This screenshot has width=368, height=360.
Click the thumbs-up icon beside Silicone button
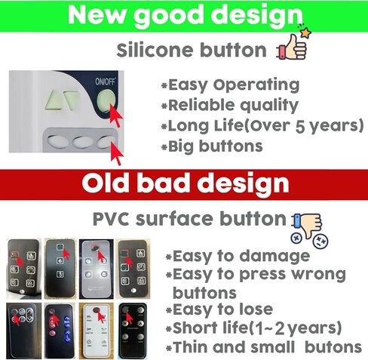pyautogui.click(x=292, y=47)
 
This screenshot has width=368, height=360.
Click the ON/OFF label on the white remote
pyautogui.click(x=105, y=82)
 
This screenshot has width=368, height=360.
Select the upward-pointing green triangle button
pyautogui.click(x=54, y=100)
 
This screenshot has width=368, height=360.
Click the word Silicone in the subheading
pyautogui.click(x=155, y=50)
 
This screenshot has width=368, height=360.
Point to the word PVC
pyautogui.click(x=111, y=219)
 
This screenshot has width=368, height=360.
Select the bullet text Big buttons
pyautogui.click(x=215, y=146)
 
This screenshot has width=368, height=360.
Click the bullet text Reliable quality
pyautogui.click(x=233, y=106)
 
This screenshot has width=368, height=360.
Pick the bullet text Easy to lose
pyautogui.click(x=222, y=309)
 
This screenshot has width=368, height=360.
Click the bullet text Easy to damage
pyautogui.click(x=241, y=257)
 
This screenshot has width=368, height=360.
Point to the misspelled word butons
pyautogui.click(x=333, y=347)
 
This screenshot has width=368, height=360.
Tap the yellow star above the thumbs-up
pyautogui.click(x=305, y=32)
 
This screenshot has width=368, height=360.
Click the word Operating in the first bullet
pyautogui.click(x=256, y=85)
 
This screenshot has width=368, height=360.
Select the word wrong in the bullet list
pyautogui.click(x=319, y=275)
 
